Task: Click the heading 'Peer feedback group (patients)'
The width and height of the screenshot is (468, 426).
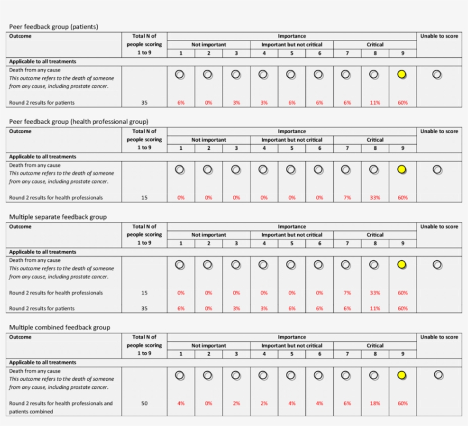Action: click(54, 26)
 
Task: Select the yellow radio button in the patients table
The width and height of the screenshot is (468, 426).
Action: click(402, 74)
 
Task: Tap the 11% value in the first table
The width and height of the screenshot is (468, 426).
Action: click(374, 103)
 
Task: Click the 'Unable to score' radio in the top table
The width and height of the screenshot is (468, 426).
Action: click(437, 74)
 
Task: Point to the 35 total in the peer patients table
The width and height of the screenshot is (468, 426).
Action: click(144, 103)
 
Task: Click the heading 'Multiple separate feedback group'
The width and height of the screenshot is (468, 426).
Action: click(58, 217)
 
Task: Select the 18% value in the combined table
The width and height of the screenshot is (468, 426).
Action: click(374, 403)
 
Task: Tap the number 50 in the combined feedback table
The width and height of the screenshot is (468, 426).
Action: click(144, 403)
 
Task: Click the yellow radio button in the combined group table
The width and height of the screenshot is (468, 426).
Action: click(402, 375)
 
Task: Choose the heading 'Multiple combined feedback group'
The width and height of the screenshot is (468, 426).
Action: click(60, 328)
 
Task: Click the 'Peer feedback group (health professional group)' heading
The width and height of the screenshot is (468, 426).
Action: click(79, 121)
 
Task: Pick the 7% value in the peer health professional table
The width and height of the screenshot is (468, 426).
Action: click(347, 198)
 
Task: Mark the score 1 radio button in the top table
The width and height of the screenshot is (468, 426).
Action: click(180, 74)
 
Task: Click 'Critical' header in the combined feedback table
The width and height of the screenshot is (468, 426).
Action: click(375, 345)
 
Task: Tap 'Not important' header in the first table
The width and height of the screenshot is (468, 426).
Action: click(208, 45)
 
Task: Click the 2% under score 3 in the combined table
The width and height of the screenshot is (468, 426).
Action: click(236, 403)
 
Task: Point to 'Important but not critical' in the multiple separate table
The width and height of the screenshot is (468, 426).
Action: click(292, 235)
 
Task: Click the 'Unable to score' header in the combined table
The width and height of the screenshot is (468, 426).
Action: click(439, 337)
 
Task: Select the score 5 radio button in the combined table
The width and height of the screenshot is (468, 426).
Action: click(291, 375)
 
